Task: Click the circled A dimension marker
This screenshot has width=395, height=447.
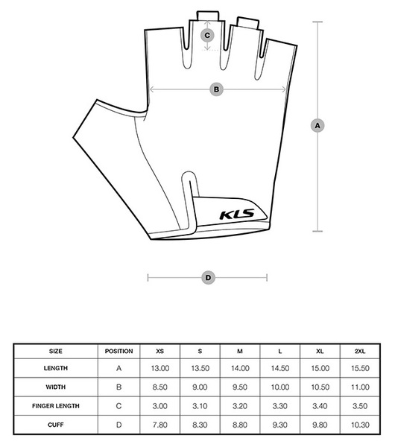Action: [317, 125]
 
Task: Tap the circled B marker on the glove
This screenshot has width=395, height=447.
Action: [216, 89]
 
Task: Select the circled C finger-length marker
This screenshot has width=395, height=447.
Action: [207, 35]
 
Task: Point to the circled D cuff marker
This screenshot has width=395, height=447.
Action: [208, 278]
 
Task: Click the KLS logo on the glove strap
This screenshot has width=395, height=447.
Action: [237, 215]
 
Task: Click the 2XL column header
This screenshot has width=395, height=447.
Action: [360, 351]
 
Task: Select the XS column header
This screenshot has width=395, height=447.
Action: [159, 351]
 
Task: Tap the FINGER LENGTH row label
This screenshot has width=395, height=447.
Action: [56, 406]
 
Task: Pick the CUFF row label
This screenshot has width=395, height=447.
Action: [56, 425]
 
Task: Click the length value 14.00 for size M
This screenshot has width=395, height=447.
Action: [240, 368]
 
